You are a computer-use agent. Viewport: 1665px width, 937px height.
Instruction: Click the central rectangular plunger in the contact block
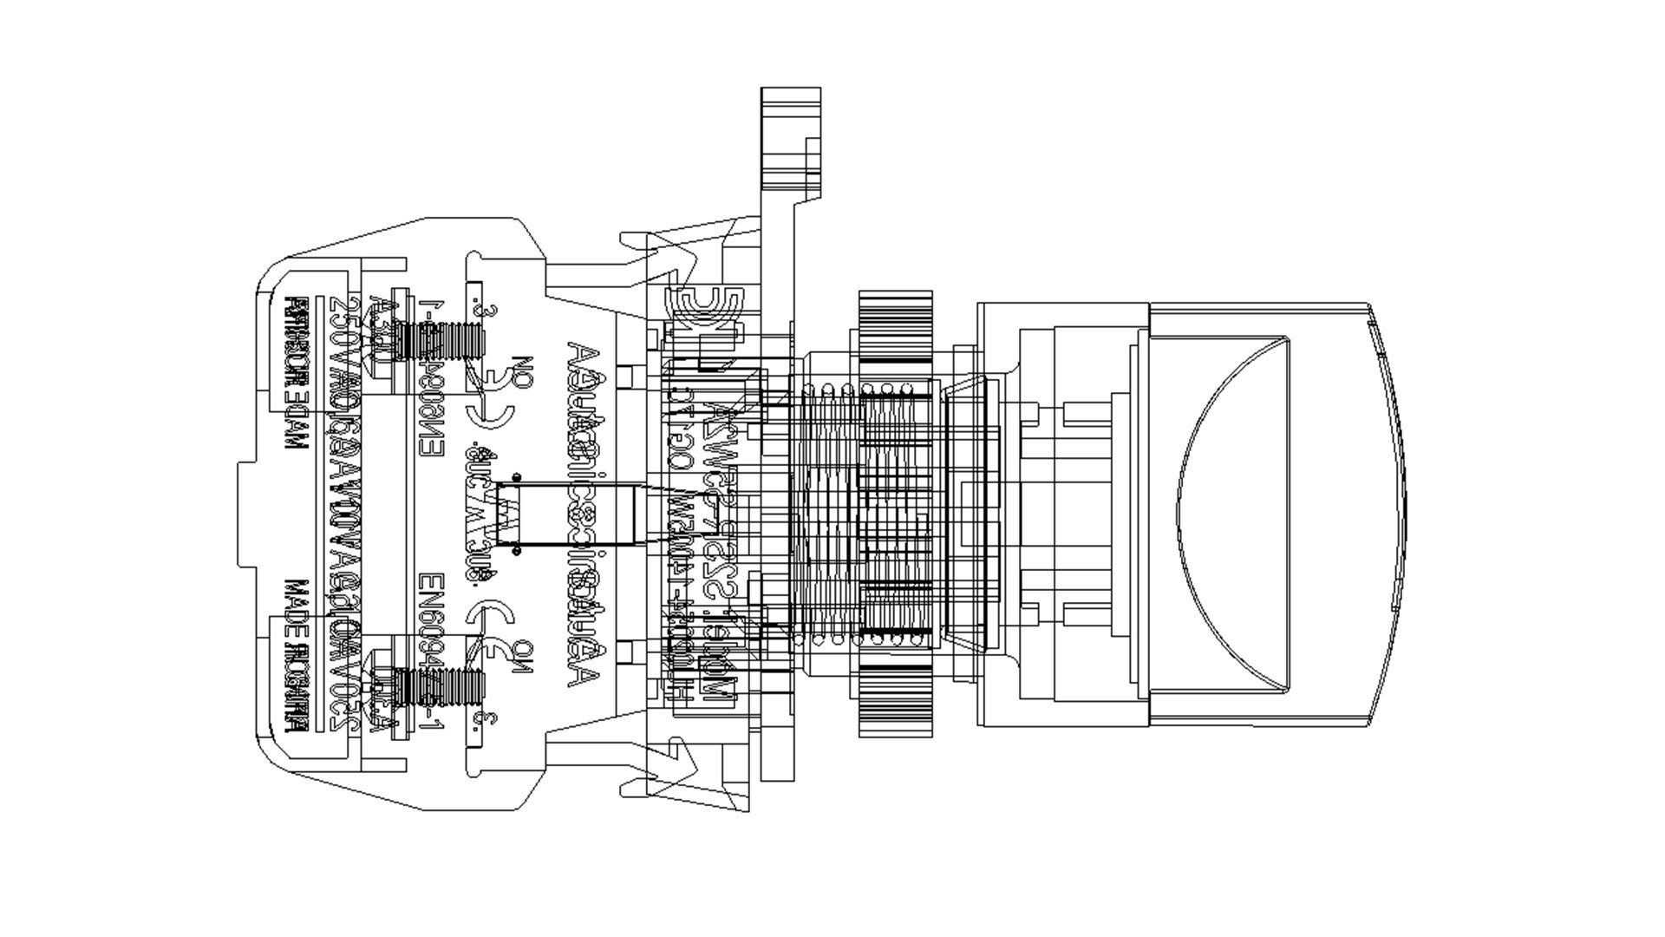point(564,515)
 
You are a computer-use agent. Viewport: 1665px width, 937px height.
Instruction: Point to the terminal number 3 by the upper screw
point(491,311)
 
